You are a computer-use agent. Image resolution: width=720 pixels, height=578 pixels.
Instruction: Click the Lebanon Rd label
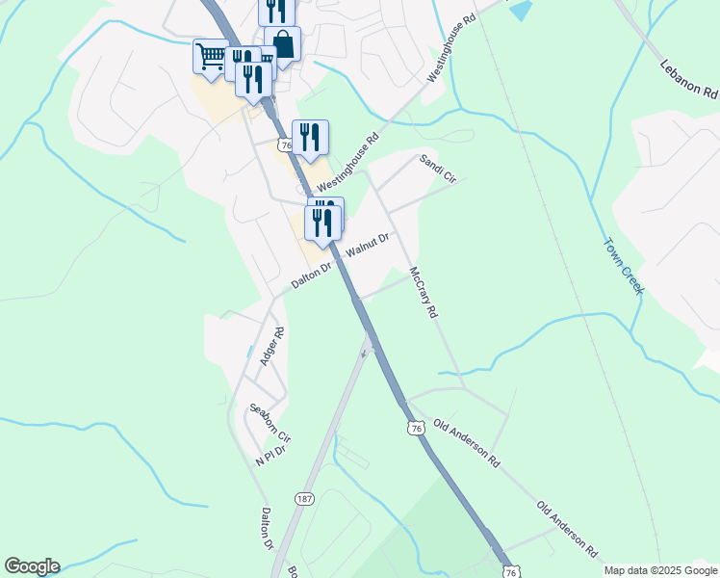pos(690,79)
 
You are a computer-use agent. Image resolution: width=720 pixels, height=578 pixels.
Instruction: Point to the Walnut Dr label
pos(367,246)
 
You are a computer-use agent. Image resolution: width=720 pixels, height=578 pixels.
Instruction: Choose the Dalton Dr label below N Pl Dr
pos(267,529)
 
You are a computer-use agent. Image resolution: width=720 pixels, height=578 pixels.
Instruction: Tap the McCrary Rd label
pos(423,293)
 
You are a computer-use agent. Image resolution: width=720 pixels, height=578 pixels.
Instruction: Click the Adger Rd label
pos(271,347)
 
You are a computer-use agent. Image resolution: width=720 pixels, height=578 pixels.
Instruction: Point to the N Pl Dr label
pos(270,456)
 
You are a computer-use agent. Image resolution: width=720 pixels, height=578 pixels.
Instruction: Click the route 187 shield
pos(304,498)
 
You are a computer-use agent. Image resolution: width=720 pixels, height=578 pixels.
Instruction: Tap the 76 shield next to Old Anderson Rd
pos(415,428)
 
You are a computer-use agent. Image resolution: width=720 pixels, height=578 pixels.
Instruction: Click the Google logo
pos(32,566)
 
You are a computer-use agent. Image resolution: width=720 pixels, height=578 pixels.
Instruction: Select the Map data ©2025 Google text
pos(660,570)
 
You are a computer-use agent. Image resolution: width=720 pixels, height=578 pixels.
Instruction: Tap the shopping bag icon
pos(283,43)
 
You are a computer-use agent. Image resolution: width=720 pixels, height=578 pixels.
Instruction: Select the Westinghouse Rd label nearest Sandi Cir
pos(348,161)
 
